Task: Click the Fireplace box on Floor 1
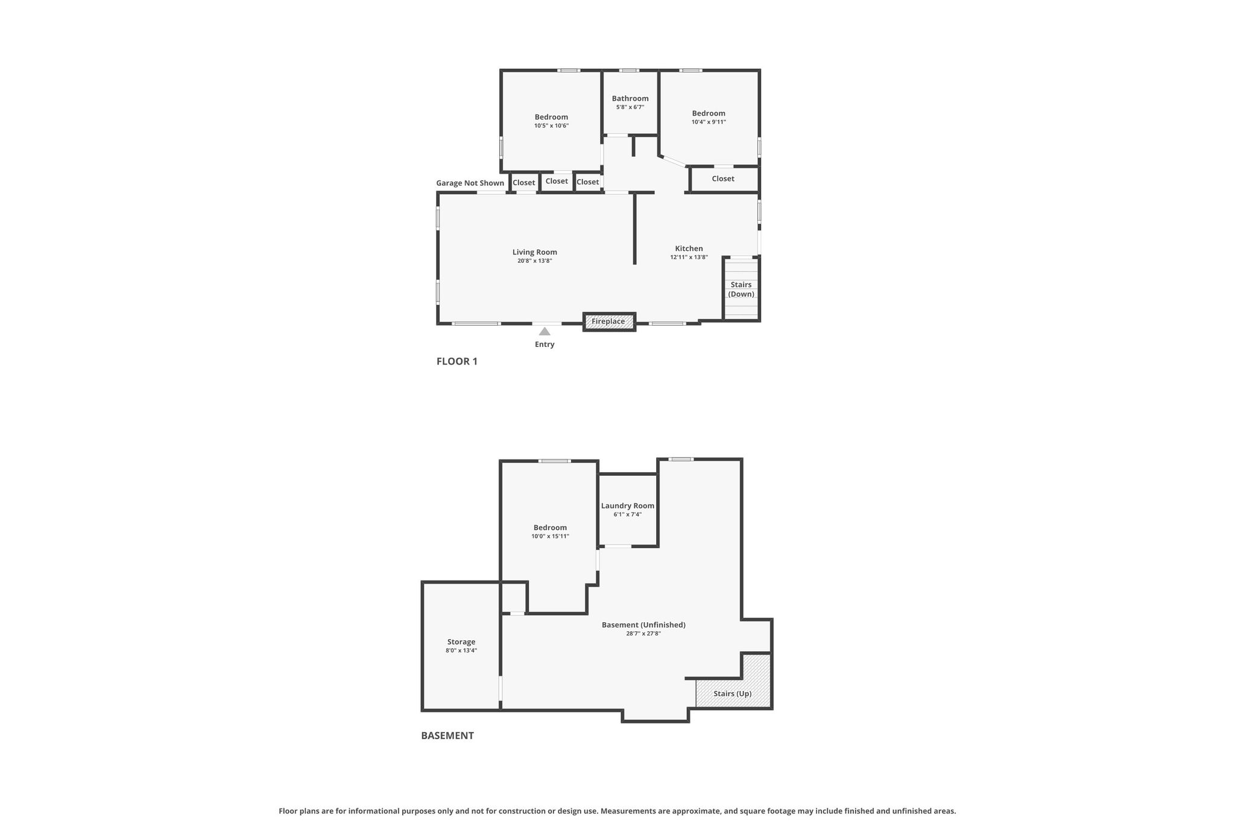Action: pyautogui.click(x=609, y=321)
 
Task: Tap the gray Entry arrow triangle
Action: pyautogui.click(x=545, y=331)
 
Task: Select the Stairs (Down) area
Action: pyautogui.click(x=741, y=289)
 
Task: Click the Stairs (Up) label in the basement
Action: pyautogui.click(x=733, y=693)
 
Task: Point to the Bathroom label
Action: pyautogui.click(x=630, y=98)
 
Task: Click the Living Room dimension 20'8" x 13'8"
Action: pyautogui.click(x=535, y=261)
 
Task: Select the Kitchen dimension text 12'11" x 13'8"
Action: pyautogui.click(x=689, y=257)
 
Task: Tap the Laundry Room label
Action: pyautogui.click(x=628, y=506)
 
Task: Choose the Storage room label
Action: pyautogui.click(x=461, y=642)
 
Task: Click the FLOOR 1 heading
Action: pyautogui.click(x=457, y=361)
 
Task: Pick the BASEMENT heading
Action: pyautogui.click(x=447, y=736)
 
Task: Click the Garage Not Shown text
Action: pyautogui.click(x=470, y=183)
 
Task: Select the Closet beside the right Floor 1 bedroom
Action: pyautogui.click(x=723, y=178)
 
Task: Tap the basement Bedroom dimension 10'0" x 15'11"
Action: pyautogui.click(x=550, y=537)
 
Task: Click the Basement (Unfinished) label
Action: pyautogui.click(x=643, y=625)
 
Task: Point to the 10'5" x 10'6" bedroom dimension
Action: pyautogui.click(x=551, y=126)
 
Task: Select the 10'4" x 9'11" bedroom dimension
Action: pyautogui.click(x=709, y=122)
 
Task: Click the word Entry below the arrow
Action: pyautogui.click(x=545, y=344)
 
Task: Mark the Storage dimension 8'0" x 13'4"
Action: pyautogui.click(x=461, y=651)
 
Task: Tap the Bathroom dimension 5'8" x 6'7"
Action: pyautogui.click(x=630, y=107)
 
